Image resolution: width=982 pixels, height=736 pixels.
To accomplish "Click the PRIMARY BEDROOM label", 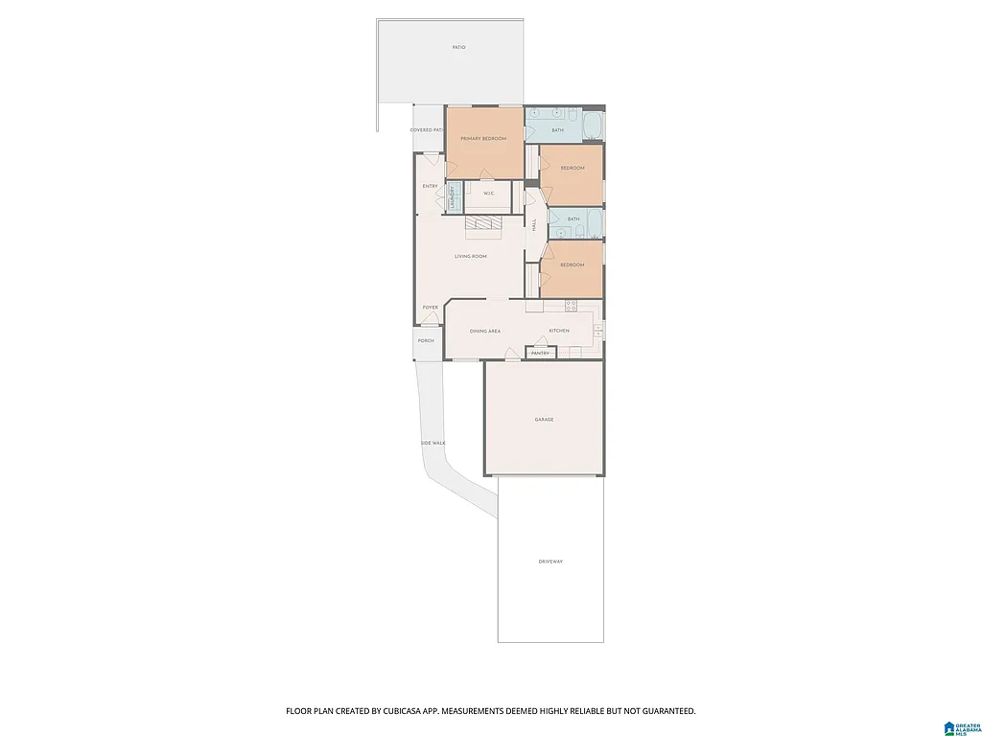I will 483,139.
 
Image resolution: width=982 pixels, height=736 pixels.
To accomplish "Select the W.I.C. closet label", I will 488,194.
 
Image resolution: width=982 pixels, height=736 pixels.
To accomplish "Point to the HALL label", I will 534,224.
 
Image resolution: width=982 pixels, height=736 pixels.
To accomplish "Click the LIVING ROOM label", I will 471,256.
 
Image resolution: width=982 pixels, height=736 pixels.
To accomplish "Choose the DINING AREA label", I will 484,331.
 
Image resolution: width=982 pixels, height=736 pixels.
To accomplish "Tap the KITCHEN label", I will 559,331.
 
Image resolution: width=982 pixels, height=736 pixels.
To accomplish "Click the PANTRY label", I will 540,353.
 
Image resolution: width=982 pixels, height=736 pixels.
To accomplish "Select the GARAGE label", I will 544,420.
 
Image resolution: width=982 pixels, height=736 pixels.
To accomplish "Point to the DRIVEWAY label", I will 550,561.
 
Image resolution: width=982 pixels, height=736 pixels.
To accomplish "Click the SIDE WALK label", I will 433,443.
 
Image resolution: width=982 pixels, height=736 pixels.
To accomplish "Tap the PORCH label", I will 426,340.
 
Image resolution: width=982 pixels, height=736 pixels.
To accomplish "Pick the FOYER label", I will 431,308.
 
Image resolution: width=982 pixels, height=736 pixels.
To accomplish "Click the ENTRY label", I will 430,186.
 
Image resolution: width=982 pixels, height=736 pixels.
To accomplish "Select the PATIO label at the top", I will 459,47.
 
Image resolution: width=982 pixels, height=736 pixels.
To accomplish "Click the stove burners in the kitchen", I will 571,306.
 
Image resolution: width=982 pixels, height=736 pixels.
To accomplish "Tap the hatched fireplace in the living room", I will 483,224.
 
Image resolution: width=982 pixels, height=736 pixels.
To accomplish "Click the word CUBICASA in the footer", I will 418,711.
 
